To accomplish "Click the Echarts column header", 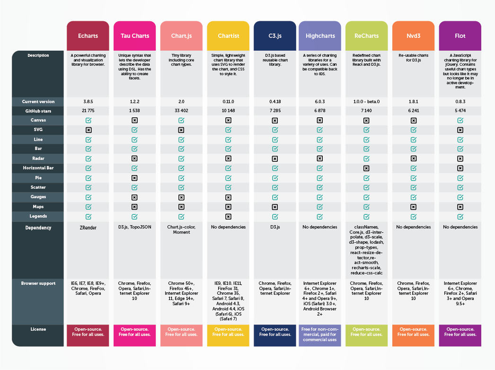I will (x=88, y=36).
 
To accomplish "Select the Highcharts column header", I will (x=320, y=36).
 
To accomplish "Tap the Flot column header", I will (x=460, y=36).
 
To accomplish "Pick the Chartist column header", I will (x=228, y=36).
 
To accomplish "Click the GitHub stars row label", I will (x=38, y=111).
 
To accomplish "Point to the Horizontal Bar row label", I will (x=38, y=168).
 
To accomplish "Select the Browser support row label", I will (x=38, y=283).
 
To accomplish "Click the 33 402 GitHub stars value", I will (x=181, y=111).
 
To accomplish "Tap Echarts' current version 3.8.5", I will (x=88, y=101).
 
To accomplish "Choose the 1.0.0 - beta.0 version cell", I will (x=366, y=101).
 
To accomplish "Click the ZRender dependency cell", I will (x=88, y=227).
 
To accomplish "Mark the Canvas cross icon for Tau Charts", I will (x=134, y=120).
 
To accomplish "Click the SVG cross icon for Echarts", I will (x=88, y=130).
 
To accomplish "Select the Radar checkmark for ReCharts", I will (x=366, y=159).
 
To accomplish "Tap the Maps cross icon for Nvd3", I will (x=413, y=207).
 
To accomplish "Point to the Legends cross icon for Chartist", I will (x=228, y=216).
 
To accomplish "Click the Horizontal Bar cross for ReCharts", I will (x=366, y=168).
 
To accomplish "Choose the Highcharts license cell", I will (x=320, y=334).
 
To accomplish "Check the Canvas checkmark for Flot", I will (x=460, y=120).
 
